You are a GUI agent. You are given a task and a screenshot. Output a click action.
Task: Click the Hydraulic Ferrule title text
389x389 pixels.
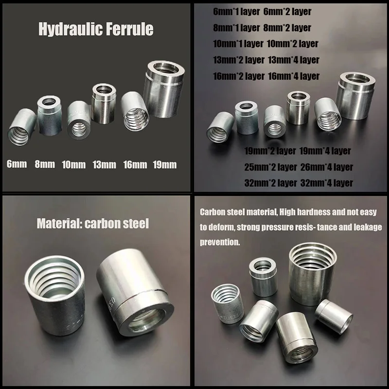[96, 29]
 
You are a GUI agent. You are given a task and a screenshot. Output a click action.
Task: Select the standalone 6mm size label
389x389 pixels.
[17, 164]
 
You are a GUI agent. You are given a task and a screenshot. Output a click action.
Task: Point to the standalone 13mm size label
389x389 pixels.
[104, 164]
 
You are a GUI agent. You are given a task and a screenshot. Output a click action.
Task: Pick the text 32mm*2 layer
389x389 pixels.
[270, 183]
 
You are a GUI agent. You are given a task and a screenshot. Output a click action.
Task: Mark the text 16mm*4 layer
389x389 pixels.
[294, 76]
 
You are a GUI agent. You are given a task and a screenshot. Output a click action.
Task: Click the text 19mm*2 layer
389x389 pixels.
[270, 151]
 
